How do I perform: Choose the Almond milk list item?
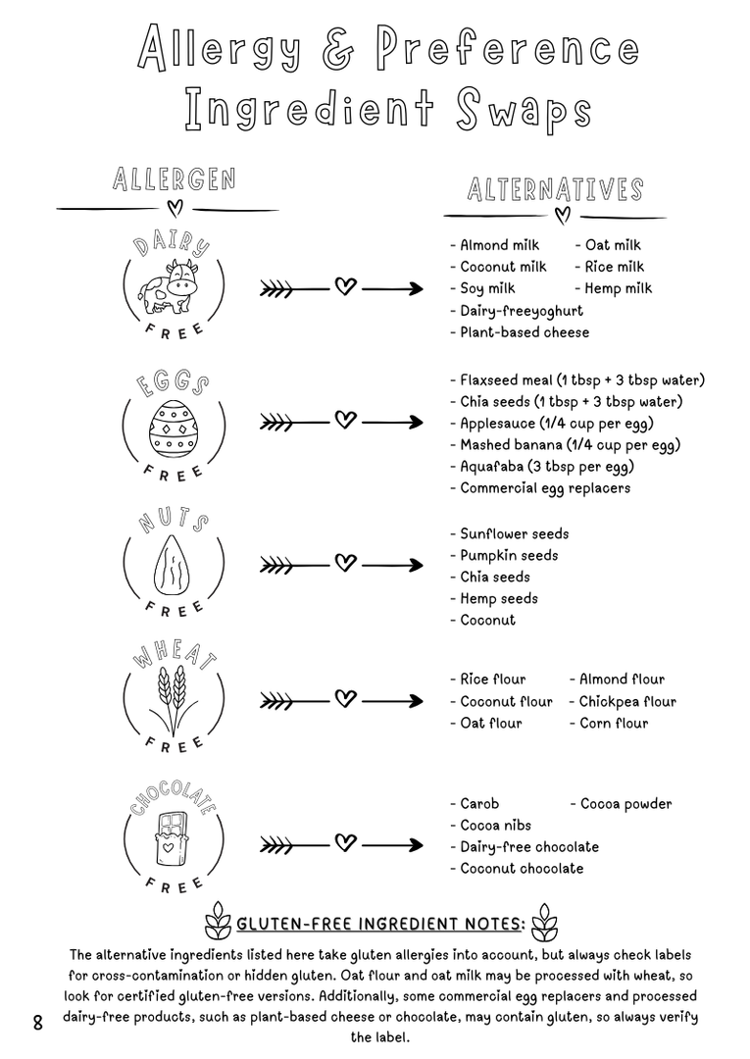pyautogui.click(x=503, y=245)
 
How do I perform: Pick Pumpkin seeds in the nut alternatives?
pyautogui.click(x=509, y=555)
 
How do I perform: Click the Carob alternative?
pyautogui.click(x=479, y=804)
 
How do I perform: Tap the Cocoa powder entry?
pyautogui.click(x=621, y=804)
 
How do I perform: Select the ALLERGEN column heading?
pyautogui.click(x=174, y=179)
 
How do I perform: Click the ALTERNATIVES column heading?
pyautogui.click(x=555, y=189)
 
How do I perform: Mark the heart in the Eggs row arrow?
pyautogui.click(x=344, y=421)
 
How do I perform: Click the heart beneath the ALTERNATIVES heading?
pyautogui.click(x=562, y=216)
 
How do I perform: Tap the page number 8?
pyautogui.click(x=38, y=1023)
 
